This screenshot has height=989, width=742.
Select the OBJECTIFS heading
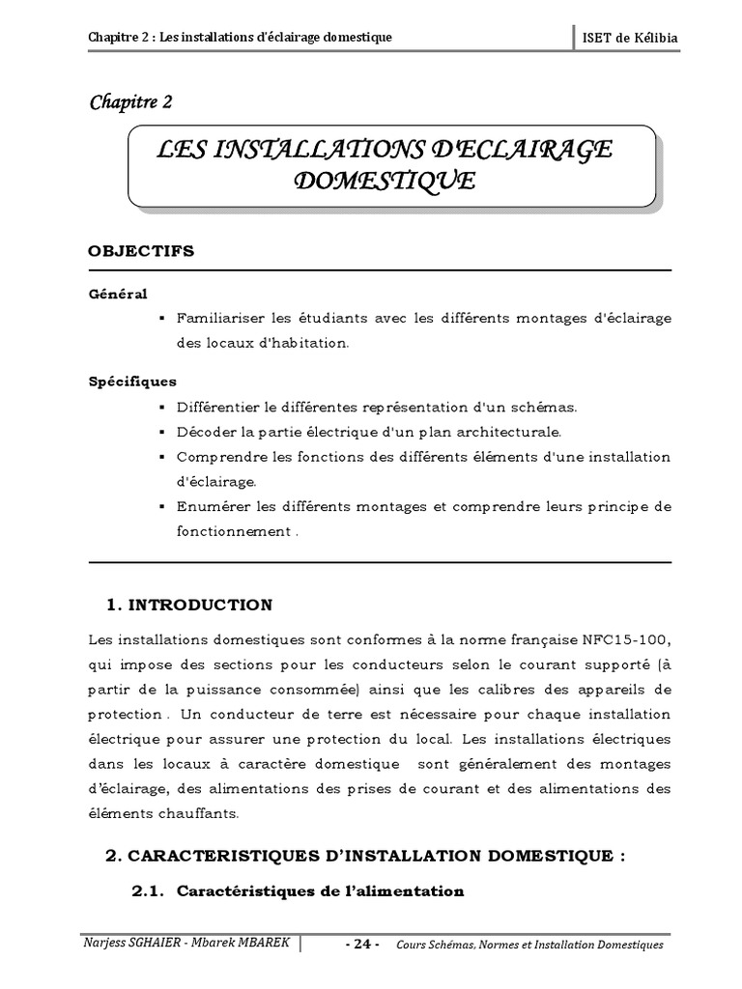(141, 251)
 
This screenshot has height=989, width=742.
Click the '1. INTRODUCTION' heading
(188, 605)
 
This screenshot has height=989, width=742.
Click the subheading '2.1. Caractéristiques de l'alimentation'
(298, 890)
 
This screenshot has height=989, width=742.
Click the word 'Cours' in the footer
(414, 945)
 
